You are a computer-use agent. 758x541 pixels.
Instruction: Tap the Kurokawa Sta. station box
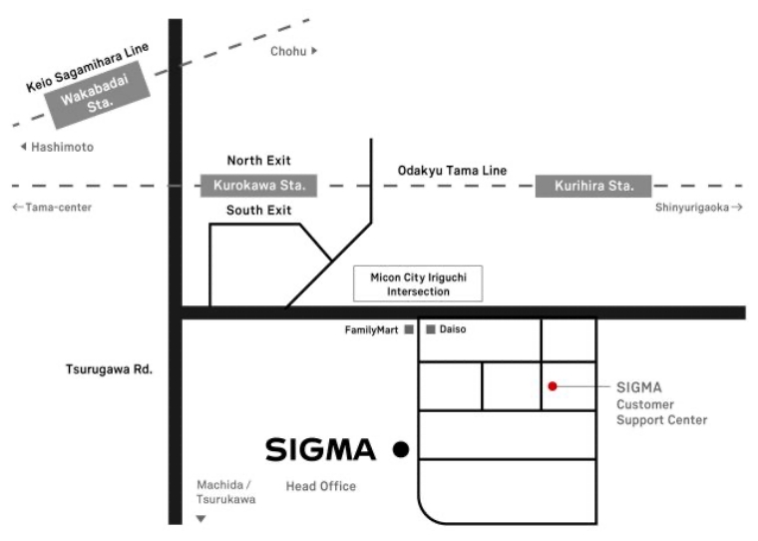[258, 186]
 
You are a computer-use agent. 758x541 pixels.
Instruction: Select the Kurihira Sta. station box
[593, 186]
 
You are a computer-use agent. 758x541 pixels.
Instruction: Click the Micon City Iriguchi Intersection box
[419, 284]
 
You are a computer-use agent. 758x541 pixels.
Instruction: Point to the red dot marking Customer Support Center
[552, 385]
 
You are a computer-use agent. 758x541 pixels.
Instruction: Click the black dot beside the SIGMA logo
[401, 450]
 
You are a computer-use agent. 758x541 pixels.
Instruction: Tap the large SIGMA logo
[320, 450]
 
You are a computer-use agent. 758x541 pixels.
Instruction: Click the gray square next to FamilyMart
[409, 328]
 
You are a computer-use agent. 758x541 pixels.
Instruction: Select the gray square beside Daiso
[430, 328]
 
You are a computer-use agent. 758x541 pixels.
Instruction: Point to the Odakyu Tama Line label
[452, 171]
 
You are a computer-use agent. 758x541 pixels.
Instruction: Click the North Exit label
[259, 161]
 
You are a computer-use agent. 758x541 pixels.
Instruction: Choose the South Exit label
[259, 211]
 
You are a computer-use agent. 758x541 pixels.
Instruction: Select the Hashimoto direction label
[57, 148]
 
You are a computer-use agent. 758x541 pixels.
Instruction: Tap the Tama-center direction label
[52, 208]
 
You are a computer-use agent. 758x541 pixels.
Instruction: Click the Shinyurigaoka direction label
[699, 208]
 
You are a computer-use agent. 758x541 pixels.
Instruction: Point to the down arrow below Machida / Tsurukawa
[200, 519]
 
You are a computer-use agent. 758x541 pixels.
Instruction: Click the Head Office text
[321, 486]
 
